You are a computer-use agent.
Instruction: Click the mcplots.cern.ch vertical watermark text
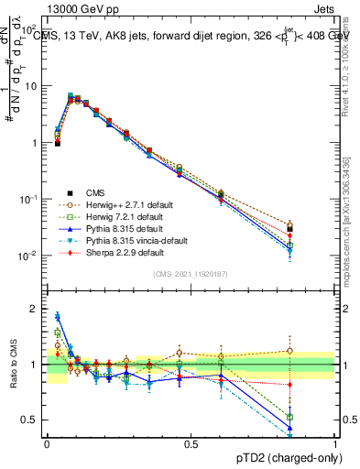coord(349,211)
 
